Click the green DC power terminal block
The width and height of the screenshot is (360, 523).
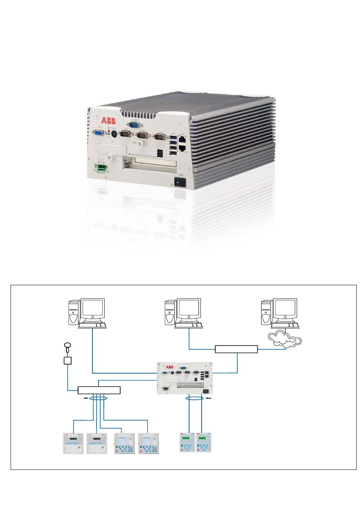[x=101, y=168]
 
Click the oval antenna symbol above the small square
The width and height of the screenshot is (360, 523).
[x=68, y=345]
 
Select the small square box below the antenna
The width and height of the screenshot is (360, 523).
[x=68, y=360]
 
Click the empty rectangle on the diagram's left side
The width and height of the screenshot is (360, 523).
[x=99, y=390]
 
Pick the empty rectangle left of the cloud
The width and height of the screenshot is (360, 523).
[x=236, y=349]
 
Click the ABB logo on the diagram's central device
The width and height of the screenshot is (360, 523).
[x=169, y=367]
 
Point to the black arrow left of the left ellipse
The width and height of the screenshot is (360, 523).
[x=87, y=399]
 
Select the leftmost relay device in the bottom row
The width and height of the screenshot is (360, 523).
[x=74, y=443]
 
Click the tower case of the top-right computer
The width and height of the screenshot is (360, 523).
[x=266, y=313]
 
